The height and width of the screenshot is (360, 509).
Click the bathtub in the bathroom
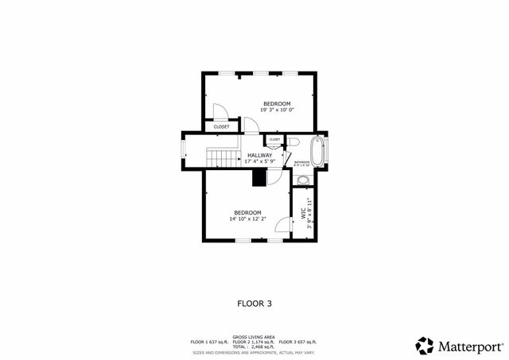[317, 151]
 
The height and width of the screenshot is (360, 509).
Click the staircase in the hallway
[223, 157]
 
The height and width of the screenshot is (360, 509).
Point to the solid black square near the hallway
[259, 177]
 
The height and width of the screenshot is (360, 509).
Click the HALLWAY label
[260, 155]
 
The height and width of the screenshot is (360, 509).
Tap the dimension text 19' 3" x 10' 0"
[277, 111]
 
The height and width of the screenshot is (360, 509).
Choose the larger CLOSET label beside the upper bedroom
[221, 126]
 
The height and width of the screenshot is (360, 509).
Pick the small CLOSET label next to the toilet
[274, 140]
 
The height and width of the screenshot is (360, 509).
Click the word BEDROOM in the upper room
[277, 104]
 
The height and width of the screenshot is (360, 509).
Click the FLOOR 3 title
[254, 303]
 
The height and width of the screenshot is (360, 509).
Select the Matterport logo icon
[425, 345]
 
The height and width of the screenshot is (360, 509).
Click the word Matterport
[470, 346]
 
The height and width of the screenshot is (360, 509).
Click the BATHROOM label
[302, 162]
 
